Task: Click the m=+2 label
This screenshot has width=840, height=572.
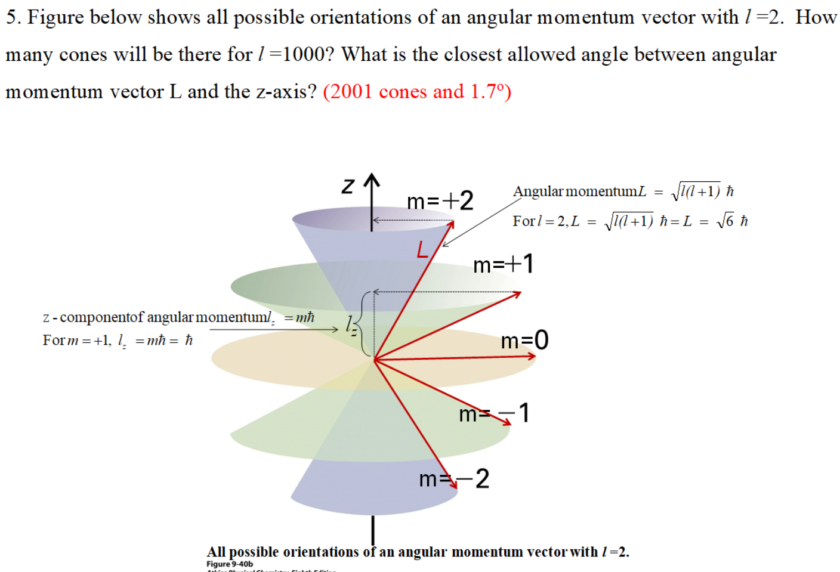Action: point(440,201)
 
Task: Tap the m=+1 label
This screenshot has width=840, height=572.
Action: point(503,264)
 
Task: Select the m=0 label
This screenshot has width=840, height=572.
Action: point(524,340)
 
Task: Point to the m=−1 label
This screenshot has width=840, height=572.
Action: point(493,413)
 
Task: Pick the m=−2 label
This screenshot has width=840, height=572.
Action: point(454,478)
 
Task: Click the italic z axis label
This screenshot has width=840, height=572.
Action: point(348,185)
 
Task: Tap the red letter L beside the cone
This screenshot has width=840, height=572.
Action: point(422,249)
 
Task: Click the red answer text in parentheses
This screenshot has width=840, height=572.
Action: point(417,91)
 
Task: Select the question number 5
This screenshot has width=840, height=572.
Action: point(13,17)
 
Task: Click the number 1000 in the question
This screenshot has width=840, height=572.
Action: point(304,54)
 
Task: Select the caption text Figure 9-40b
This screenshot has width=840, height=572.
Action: point(230,564)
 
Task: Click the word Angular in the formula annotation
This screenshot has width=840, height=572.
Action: point(538,191)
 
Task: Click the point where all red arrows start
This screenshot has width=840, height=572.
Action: point(374,360)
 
